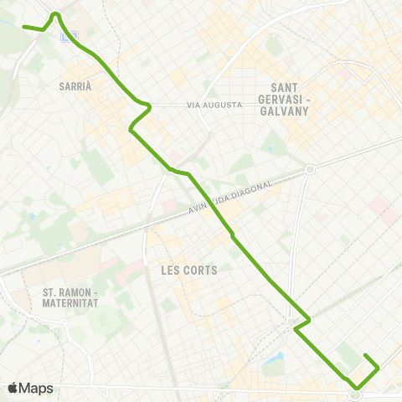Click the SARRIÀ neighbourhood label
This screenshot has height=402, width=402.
pyautogui.click(x=75, y=86)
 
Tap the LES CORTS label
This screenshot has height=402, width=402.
pyautogui.click(x=188, y=271)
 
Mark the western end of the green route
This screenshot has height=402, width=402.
pyautogui.click(x=23, y=28)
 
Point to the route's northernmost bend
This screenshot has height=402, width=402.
pyautogui.click(x=55, y=13)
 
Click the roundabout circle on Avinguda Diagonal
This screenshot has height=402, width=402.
pyautogui.click(x=310, y=169)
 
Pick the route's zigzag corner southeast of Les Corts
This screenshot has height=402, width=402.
pyautogui.click(x=309, y=319)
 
